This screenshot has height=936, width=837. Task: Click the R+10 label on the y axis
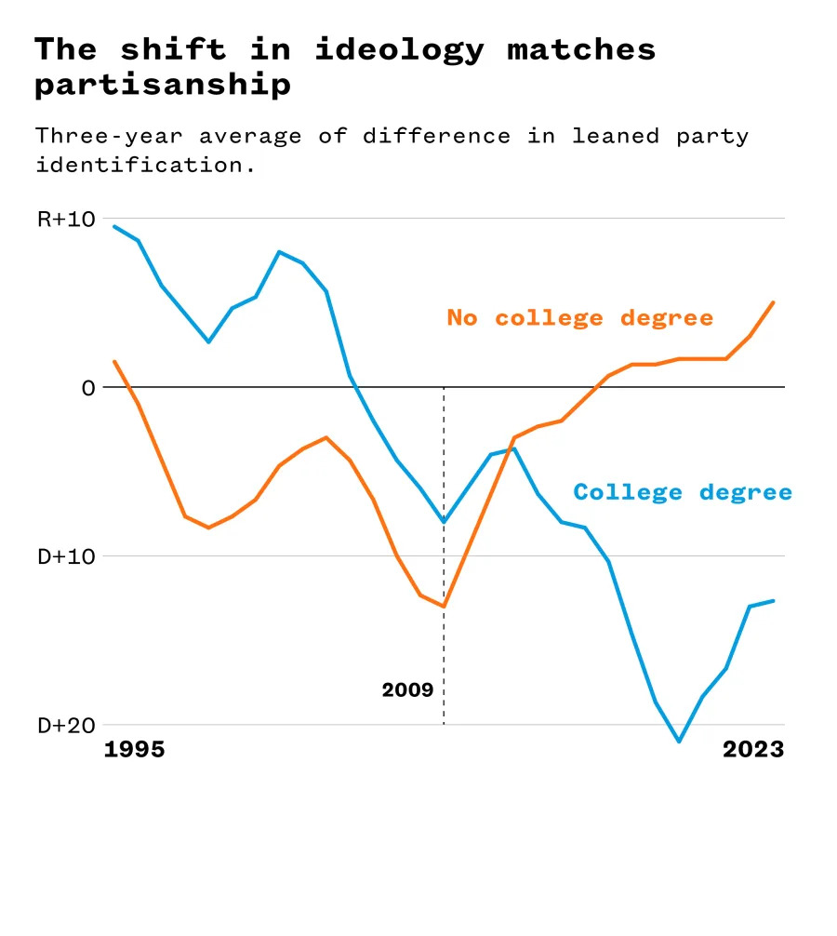[65, 220]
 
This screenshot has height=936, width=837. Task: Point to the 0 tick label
[88, 387]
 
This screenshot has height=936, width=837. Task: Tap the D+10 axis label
[65, 556]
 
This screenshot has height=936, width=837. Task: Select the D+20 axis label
[65, 726]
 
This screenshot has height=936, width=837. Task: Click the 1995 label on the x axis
[134, 750]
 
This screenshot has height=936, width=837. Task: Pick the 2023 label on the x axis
[753, 750]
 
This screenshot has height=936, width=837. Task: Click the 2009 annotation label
[407, 690]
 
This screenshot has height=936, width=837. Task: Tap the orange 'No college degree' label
[580, 318]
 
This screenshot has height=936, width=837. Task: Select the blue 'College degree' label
[683, 492]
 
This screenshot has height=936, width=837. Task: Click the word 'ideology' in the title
[399, 49]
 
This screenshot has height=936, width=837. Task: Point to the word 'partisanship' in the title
[163, 85]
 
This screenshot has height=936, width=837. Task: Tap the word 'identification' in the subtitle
[139, 166]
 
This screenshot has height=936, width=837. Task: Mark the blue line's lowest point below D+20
[679, 742]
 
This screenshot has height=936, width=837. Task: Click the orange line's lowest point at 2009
[444, 607]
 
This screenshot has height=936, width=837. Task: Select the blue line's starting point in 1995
[114, 226]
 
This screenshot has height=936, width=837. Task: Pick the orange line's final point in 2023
[773, 302]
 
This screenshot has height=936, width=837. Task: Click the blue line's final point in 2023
[773, 601]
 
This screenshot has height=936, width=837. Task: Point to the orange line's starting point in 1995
[114, 361]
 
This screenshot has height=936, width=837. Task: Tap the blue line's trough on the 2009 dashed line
[444, 522]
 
